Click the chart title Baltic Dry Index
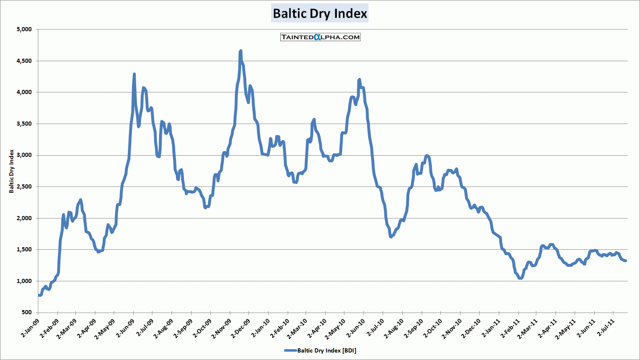pos(320,13)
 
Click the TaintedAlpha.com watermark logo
pos(320,37)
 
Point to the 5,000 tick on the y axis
pos(24,30)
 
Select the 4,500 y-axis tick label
pos(24,61)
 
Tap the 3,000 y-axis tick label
pos(24,155)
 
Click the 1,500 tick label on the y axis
pos(24,250)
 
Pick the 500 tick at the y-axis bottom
pos(26,313)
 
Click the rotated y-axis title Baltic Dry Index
pos(12,171)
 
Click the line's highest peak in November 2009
pos(241,51)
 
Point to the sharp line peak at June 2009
pos(134,74)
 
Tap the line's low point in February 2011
pos(520,278)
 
